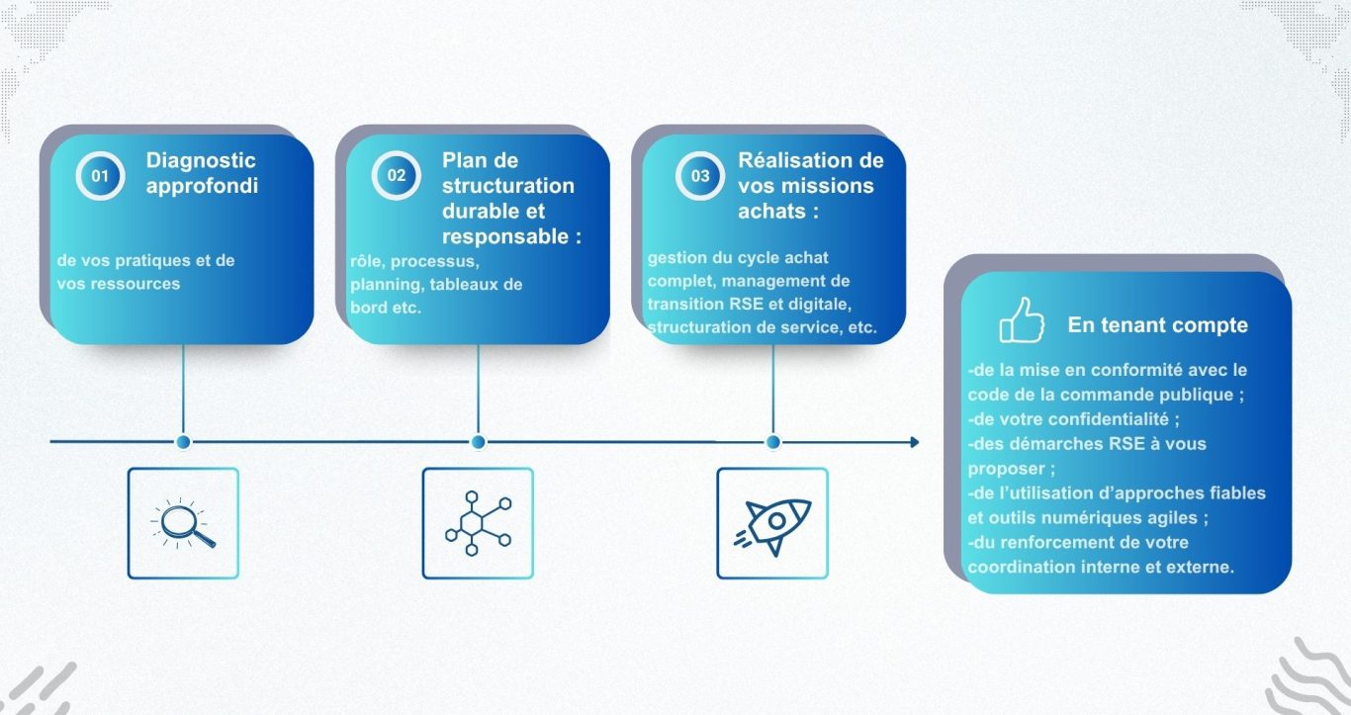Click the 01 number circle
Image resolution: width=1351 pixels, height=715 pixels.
pos(100,175)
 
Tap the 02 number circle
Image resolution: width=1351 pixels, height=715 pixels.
pos(396,175)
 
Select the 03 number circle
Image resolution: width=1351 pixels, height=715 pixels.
pos(699,175)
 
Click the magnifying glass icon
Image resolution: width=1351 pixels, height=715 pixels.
pos(183,523)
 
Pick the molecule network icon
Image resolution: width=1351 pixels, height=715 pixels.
pos(479,523)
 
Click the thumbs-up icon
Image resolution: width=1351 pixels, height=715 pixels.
pos(1021,320)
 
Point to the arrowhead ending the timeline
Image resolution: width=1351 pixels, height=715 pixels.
pos(914,442)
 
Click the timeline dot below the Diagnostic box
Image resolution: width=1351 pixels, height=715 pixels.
pos(183,442)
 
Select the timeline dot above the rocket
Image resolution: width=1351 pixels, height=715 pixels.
pos(773,442)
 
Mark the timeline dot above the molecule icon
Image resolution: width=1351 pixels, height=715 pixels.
pos(479,442)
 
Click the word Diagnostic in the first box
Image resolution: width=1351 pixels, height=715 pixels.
pos(201,161)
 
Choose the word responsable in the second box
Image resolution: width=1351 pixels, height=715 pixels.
pos(505,237)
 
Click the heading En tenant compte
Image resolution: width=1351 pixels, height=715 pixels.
pos(1157,325)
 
